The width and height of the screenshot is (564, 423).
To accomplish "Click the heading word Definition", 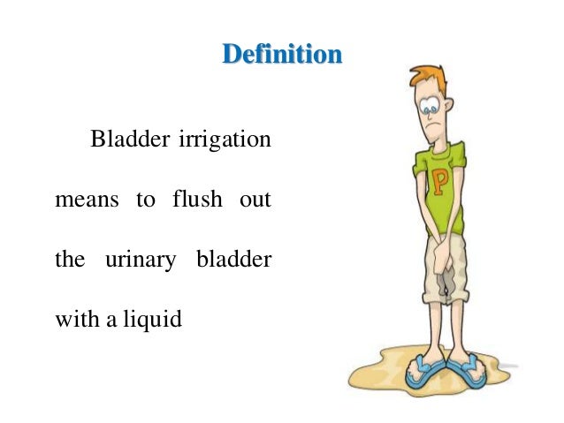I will [x=282, y=56].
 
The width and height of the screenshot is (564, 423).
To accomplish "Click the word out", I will [x=255, y=200].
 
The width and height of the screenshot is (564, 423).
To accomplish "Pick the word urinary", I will [x=144, y=261].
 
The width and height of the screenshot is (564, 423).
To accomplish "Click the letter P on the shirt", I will [x=438, y=185].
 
